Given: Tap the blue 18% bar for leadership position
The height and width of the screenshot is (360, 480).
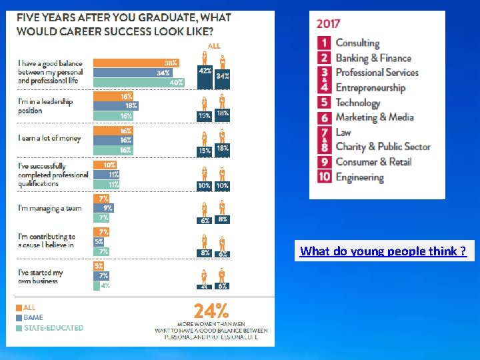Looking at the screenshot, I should tap(116, 106).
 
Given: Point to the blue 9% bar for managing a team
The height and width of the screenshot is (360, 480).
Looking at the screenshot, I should tap(103, 208).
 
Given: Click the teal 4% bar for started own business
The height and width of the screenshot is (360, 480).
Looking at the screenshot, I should tap(97, 285).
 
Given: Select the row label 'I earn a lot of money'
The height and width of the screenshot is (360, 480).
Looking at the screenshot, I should tap(49, 139).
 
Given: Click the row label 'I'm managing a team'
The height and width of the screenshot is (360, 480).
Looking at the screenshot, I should tap(50, 209).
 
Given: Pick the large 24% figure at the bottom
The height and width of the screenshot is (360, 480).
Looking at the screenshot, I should tap(211, 311).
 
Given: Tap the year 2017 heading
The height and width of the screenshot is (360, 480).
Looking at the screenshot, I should tap(328, 23).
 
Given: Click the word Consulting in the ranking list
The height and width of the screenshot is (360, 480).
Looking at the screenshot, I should tap(357, 43).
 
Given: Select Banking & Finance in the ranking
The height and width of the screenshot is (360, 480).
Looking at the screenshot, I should tap(373, 58).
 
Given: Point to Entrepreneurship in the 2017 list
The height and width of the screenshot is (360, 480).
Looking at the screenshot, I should tap(370, 87).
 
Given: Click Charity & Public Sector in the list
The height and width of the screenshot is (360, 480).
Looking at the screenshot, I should tap(383, 147).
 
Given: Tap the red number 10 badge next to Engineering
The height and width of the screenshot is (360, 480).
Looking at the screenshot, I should tap(324, 177).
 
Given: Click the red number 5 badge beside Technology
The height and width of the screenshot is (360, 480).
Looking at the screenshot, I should tap(324, 103).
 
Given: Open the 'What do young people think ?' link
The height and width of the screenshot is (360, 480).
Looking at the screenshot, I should tap(383, 251).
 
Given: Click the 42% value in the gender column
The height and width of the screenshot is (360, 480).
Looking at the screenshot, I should tap(205, 71).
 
